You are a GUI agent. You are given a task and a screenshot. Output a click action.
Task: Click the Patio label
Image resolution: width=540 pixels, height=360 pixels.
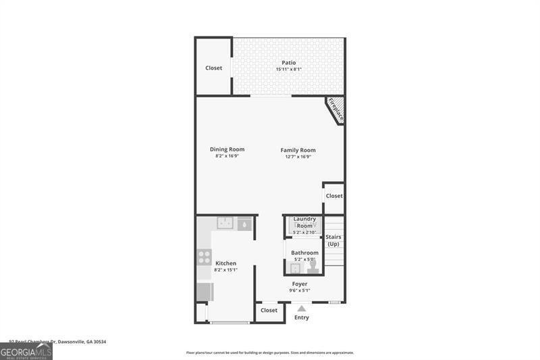tap(289, 63)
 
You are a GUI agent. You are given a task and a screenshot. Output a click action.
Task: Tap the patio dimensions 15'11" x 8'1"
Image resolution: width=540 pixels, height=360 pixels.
tap(289, 70)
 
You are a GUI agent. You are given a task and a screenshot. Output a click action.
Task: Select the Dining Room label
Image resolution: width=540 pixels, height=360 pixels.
tap(227, 149)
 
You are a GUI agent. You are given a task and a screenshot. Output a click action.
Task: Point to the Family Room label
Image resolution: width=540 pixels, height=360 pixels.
tap(298, 150)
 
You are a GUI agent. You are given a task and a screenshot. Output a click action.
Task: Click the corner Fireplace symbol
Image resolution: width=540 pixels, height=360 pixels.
tap(335, 109)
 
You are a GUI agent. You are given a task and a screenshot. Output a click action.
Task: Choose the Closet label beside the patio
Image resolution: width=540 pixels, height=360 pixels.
tap(214, 68)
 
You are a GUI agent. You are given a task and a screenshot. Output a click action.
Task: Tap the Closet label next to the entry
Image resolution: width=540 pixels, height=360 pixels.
tap(269, 310)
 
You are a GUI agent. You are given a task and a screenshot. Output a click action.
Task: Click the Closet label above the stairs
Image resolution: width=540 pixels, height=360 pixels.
tap(334, 196)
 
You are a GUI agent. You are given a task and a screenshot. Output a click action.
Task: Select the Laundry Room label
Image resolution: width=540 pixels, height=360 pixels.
tap(304, 222)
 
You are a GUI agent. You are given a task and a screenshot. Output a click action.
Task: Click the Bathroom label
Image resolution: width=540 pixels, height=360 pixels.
tap(304, 253)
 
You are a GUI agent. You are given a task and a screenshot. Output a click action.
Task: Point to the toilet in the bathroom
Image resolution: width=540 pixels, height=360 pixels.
tap(313, 266)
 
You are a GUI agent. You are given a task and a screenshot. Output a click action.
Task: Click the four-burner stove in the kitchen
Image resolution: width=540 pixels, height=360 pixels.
tap(205, 257)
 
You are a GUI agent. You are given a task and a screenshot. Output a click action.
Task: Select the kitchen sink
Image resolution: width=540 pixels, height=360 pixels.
tap(225, 222)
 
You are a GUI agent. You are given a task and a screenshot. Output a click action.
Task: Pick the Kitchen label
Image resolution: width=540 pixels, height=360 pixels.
tap(225, 263)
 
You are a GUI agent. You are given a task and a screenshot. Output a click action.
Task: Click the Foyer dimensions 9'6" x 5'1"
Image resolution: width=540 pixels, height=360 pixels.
tap(300, 290)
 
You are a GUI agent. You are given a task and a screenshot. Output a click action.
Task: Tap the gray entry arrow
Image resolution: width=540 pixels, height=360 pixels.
tap(302, 308)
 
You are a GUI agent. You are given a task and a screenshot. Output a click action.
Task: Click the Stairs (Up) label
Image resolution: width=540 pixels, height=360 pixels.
tap(333, 240)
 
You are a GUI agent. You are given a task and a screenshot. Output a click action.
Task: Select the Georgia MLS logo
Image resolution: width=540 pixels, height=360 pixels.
tap(26, 351)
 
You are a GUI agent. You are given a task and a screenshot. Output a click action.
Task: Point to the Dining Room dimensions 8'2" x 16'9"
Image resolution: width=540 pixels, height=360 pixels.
tap(227, 156)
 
